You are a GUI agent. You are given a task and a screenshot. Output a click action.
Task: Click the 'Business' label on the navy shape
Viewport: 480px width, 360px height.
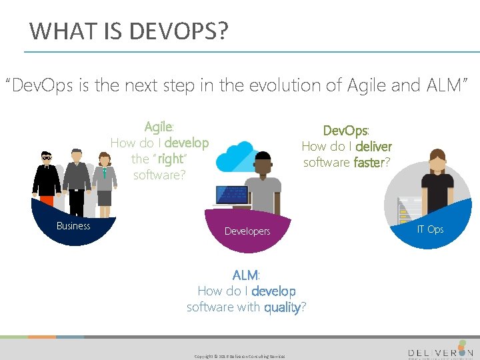click(73, 226)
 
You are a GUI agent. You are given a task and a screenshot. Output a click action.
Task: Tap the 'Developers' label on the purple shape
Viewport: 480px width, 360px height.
click(247, 231)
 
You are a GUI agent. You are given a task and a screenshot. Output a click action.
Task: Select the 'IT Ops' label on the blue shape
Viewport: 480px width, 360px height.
click(430, 229)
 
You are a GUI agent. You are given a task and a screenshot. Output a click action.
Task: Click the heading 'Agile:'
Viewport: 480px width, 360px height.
click(159, 127)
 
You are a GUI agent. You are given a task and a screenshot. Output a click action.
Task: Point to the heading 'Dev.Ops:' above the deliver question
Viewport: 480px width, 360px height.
click(346, 130)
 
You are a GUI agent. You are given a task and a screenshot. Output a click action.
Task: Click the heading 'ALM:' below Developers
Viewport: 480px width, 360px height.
click(246, 275)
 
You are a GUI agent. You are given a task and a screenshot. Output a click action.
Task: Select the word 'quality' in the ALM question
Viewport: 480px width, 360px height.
click(282, 307)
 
